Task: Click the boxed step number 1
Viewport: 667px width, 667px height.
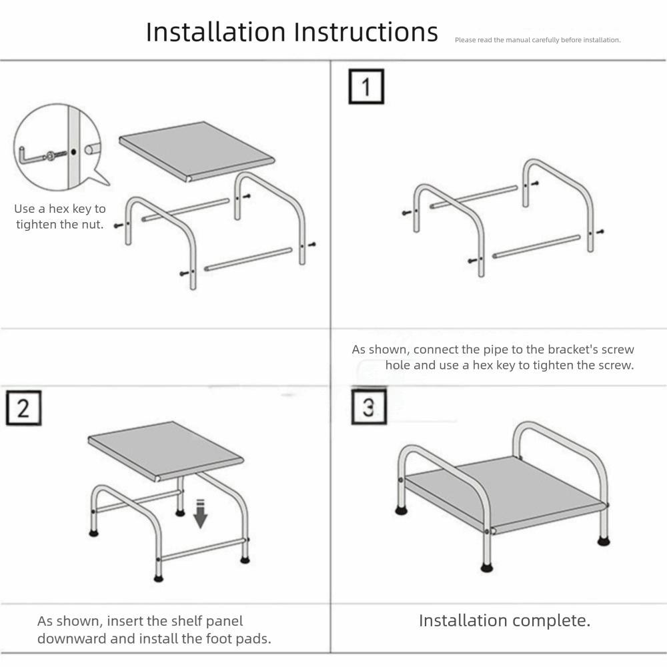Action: tap(366, 86)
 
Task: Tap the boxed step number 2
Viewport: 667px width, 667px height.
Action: tap(23, 408)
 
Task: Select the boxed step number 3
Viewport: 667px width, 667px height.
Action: tap(368, 407)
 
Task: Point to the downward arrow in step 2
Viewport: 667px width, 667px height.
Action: tap(200, 514)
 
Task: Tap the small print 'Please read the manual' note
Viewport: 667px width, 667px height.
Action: tap(538, 40)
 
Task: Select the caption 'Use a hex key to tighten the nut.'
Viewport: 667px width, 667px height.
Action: tap(60, 217)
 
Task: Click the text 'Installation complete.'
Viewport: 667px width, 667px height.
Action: tap(504, 620)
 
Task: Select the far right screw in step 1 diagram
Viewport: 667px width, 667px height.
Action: tap(600, 232)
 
